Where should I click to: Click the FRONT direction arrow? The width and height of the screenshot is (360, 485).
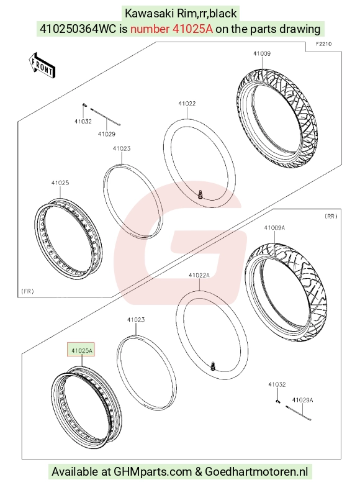click(x=42, y=65)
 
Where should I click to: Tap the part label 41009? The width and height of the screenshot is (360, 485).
click(x=262, y=53)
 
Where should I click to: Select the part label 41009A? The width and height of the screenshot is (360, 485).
click(x=274, y=228)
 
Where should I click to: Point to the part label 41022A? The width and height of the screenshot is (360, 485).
click(x=199, y=275)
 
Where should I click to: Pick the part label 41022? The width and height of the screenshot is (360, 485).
click(x=187, y=103)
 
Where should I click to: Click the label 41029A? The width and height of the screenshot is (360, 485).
click(x=302, y=400)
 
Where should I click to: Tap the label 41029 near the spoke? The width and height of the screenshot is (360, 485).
click(x=106, y=134)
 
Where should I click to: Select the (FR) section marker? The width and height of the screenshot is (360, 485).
click(x=27, y=291)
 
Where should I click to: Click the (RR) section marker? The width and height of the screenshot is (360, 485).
click(x=331, y=216)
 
